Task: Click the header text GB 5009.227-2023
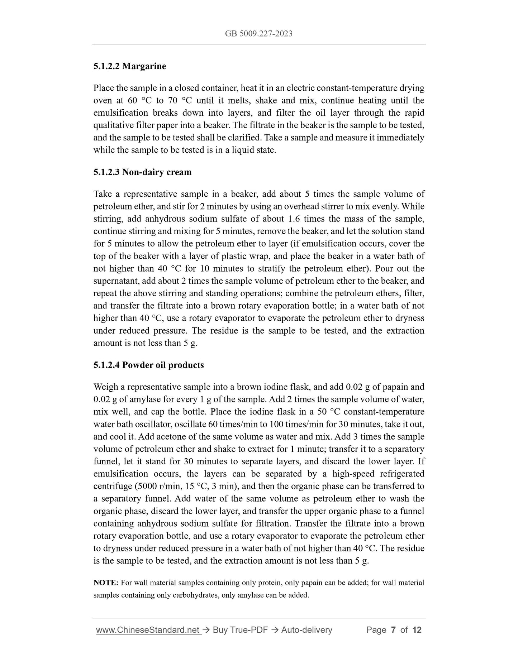click(x=258, y=34)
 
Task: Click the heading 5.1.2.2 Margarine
click(x=129, y=66)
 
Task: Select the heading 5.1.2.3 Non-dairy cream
click(x=142, y=172)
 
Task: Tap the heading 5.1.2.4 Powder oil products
click(x=148, y=365)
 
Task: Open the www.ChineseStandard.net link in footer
click(x=148, y=630)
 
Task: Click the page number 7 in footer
click(x=393, y=630)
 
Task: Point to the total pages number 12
click(x=417, y=630)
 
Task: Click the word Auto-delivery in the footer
click(x=306, y=630)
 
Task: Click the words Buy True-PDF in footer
click(x=240, y=630)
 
